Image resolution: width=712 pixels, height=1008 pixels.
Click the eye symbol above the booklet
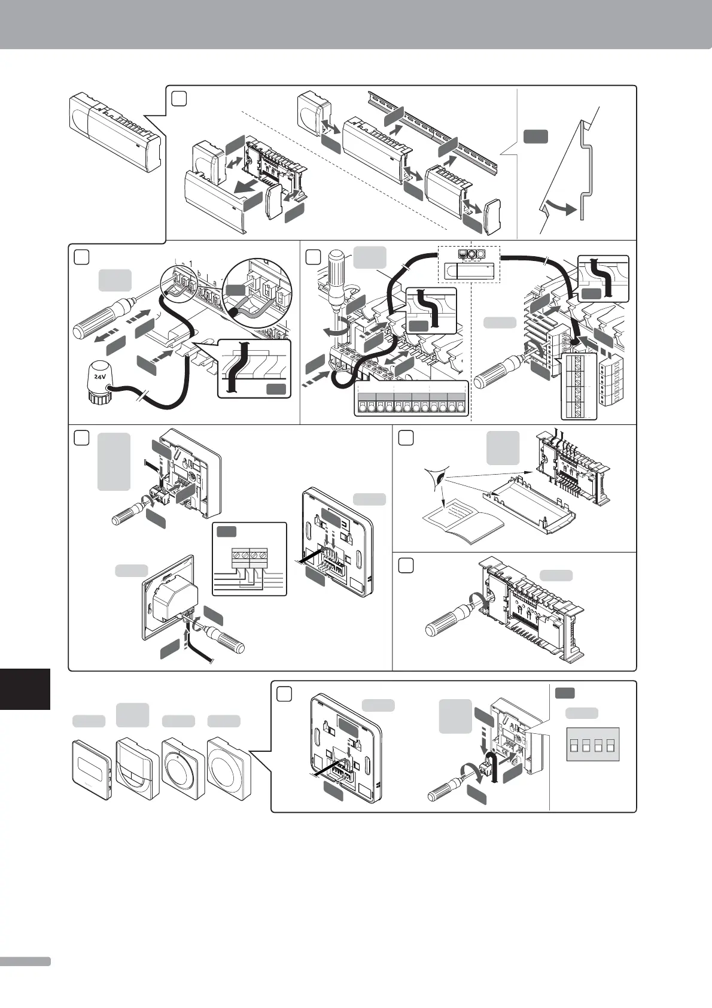coord(438,479)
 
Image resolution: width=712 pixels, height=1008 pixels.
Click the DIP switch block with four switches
coord(592,745)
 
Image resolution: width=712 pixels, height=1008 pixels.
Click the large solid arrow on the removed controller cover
coord(248,189)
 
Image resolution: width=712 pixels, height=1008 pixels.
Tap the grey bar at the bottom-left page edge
coord(25,961)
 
